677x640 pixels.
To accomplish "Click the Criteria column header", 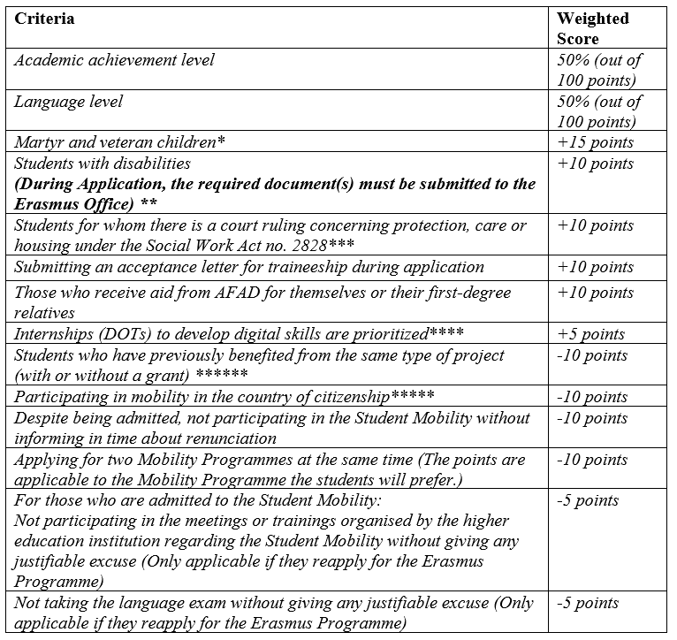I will tap(44, 19).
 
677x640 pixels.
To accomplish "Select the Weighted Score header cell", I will tap(591, 28).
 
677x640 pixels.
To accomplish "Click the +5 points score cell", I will tap(591, 334).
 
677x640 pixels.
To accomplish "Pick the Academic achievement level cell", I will tap(114, 60).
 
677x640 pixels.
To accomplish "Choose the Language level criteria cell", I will tap(68, 102).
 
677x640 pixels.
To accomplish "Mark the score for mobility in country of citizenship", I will tap(592, 397).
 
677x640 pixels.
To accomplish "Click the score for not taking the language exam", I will tap(590, 603).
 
